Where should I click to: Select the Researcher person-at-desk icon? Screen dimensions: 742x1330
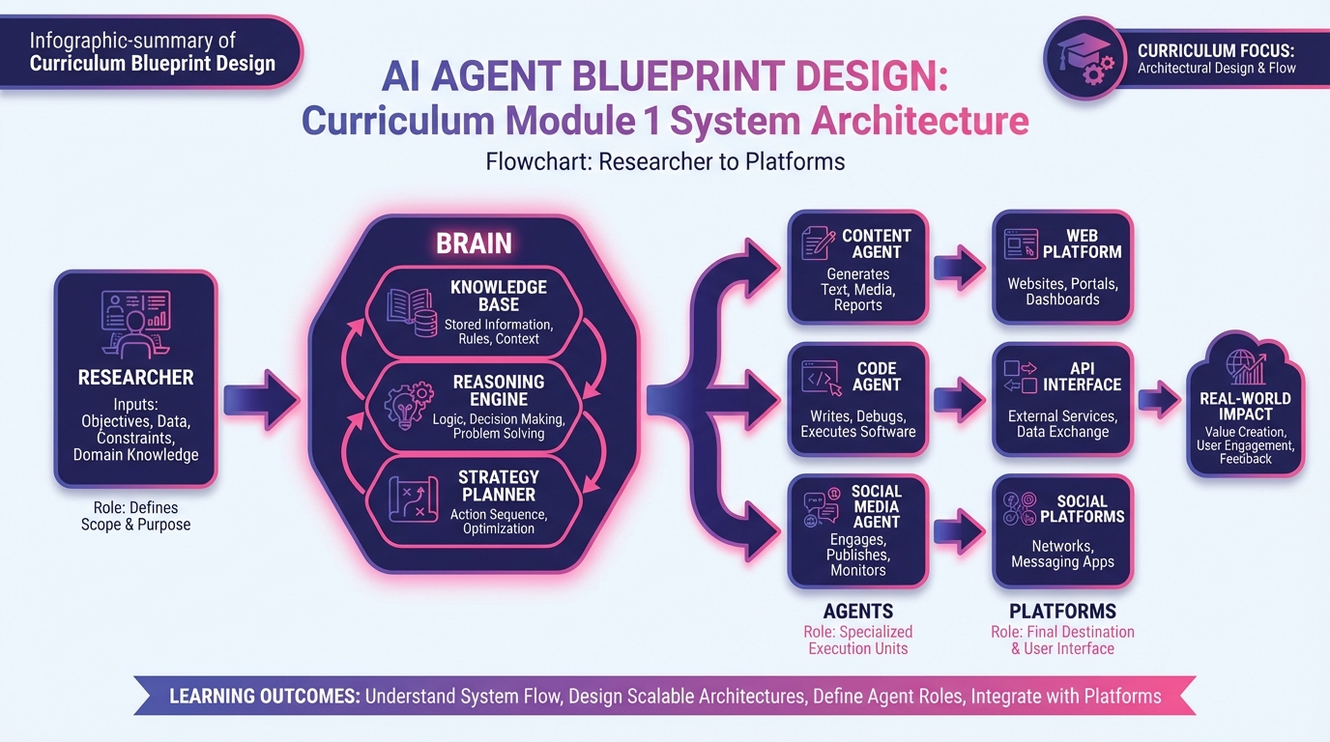tap(135, 322)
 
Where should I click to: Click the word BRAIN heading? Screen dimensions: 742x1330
tap(474, 243)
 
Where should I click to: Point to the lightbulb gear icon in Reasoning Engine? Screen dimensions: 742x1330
tap(410, 406)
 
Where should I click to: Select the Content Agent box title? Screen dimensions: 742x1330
tap(876, 243)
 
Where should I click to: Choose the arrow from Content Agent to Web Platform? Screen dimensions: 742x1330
tap(960, 267)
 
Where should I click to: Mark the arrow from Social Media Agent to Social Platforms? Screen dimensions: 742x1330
tap(960, 530)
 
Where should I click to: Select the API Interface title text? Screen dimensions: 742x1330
tap(1082, 377)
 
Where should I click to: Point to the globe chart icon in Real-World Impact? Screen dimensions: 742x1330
tap(1245, 367)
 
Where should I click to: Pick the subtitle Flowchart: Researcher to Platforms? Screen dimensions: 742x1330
tap(665, 161)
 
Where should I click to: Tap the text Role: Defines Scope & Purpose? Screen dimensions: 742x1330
tap(135, 516)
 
